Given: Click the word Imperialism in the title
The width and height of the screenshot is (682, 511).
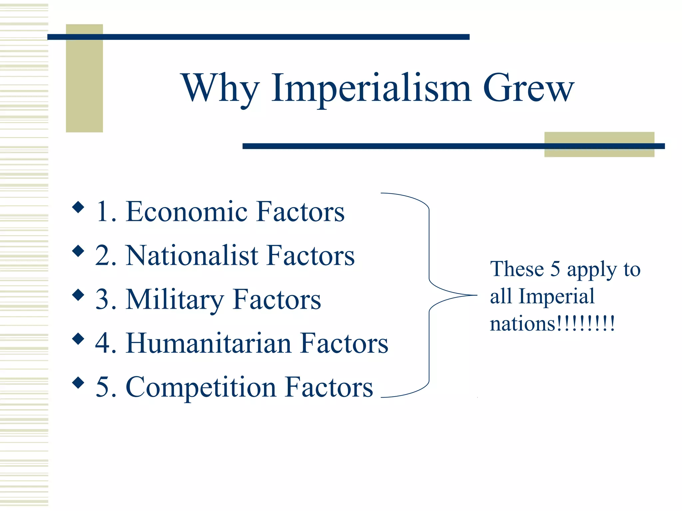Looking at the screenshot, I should (371, 88).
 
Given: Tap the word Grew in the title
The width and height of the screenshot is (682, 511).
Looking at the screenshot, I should (528, 88).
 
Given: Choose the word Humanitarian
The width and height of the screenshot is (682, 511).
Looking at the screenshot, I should (208, 343).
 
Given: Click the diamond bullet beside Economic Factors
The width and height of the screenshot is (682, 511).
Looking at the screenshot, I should (78, 207).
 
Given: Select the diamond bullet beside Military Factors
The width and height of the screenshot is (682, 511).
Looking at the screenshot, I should (78, 295).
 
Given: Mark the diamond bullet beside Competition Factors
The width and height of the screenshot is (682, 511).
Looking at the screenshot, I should (78, 383).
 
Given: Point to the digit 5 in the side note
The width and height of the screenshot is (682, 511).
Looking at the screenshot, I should (555, 269).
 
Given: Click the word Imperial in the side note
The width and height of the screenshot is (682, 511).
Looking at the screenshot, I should (556, 296).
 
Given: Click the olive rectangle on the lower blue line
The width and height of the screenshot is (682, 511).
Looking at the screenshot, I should (599, 144).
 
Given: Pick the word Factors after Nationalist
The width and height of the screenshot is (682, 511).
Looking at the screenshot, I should (311, 255).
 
